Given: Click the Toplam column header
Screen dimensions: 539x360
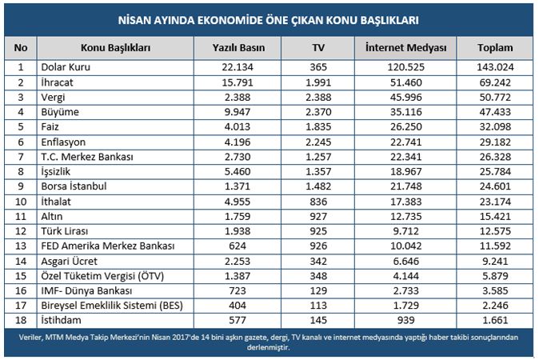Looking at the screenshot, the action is (495, 47).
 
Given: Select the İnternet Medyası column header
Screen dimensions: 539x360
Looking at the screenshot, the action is (405, 47).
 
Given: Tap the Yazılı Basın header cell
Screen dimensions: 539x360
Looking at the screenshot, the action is (238, 47).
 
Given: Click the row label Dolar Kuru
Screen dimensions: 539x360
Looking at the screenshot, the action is (66, 66).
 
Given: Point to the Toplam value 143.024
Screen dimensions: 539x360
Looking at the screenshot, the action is (495, 66).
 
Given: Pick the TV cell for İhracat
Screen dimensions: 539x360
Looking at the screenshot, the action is (318, 82).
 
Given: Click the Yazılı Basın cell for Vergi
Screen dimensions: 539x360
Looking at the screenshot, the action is (238, 98).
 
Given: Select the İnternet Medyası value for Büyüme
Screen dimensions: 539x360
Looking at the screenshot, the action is (405, 112).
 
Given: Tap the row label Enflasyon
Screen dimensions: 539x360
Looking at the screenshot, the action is (63, 142).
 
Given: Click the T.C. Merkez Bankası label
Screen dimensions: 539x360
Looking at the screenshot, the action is (87, 157).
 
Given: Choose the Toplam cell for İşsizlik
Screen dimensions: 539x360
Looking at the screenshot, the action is (495, 171).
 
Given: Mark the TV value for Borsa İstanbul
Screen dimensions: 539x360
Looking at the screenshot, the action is (318, 186).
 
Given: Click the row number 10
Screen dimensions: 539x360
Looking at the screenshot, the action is (21, 202).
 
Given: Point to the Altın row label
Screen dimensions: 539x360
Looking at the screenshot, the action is (51, 216).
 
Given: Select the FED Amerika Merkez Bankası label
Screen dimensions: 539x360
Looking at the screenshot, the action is (108, 246).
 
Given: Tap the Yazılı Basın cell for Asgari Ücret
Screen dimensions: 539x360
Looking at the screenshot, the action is (238, 262).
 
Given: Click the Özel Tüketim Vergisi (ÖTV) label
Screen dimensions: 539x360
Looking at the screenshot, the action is (102, 276).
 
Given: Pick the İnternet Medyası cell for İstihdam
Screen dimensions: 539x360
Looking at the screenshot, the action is (405, 320).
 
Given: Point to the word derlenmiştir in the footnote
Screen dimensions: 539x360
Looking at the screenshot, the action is (269, 347).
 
